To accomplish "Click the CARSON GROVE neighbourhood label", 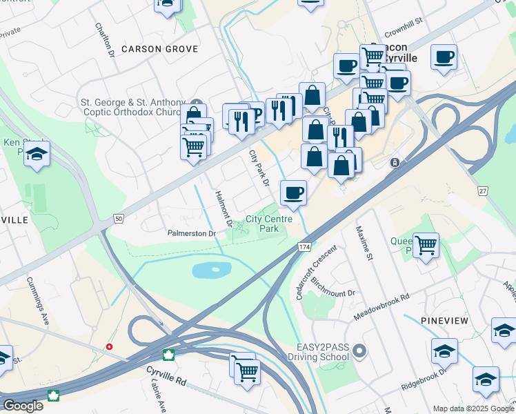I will coord(159,49).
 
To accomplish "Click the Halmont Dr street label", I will coord(223,210).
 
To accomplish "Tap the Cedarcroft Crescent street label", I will coord(310,275).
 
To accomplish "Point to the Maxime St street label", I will coord(364,243).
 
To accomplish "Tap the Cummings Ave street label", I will coord(39,293).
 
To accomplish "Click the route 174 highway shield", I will coord(304,246).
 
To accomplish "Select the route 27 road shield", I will coord(483,190).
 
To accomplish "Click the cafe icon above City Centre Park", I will coord(293,193).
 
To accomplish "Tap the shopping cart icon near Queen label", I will coord(426,244).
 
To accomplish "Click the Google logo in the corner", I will coord(23,406).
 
